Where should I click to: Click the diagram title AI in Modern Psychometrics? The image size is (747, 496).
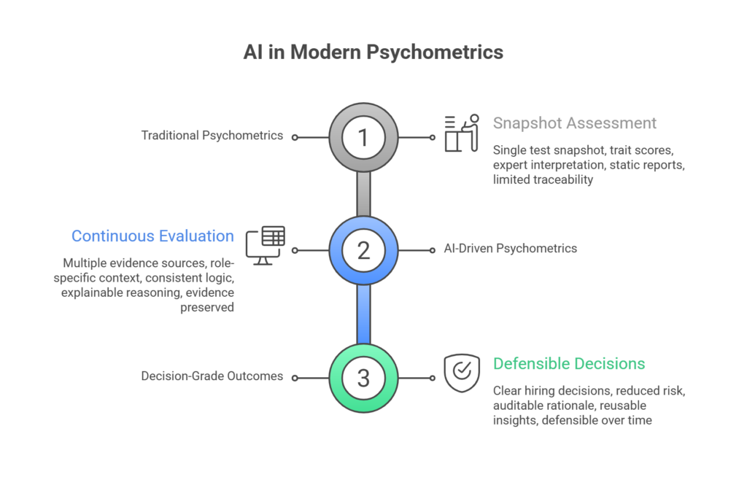pos(373,53)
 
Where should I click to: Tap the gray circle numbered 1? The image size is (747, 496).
pos(363,136)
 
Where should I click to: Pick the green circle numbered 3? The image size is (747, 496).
pos(363,378)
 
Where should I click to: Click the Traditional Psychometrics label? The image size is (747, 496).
pos(212,136)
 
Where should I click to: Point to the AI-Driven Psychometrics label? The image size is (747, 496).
pos(511,249)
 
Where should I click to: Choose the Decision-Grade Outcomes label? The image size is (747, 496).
pos(212,378)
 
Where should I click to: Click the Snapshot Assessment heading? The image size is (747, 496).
pos(575,123)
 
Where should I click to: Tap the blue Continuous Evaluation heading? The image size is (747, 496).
pos(153,236)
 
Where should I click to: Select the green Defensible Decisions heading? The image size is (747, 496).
pos(569,363)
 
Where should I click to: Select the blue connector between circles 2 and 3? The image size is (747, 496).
pos(363,314)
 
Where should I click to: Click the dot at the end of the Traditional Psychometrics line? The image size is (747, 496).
pos(294,136)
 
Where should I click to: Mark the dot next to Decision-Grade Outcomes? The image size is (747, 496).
pos(294,378)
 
